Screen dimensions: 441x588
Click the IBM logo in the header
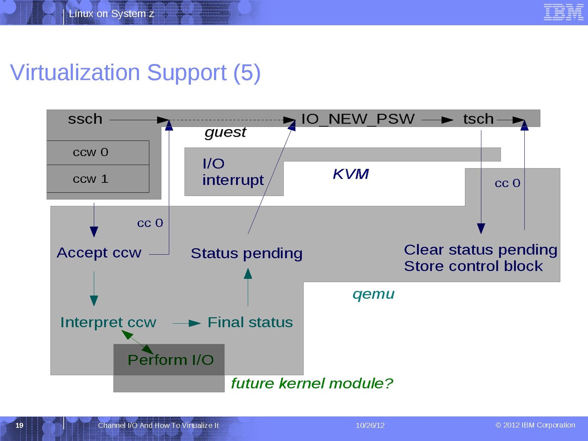point(563,12)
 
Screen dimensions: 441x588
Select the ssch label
point(85,119)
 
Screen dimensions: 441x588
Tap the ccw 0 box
point(98,152)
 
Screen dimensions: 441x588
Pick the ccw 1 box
point(98,179)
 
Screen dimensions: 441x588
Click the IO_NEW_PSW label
point(357,119)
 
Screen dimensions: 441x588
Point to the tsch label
point(478,119)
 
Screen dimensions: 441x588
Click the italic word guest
point(225,132)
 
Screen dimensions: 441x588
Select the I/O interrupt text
point(232,172)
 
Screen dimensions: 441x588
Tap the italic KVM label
point(350,174)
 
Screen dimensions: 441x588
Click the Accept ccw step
point(99,253)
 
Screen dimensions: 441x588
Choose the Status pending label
point(246,253)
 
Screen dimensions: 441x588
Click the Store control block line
point(473,266)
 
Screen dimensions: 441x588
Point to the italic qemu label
point(373,294)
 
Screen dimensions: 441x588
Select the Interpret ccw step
point(108,322)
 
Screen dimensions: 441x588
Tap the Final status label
point(250,322)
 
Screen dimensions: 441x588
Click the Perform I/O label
point(171,360)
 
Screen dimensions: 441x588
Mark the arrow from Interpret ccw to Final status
point(186,323)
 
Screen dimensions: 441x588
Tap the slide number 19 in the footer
point(19,426)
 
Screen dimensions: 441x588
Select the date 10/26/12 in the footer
point(370,426)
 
